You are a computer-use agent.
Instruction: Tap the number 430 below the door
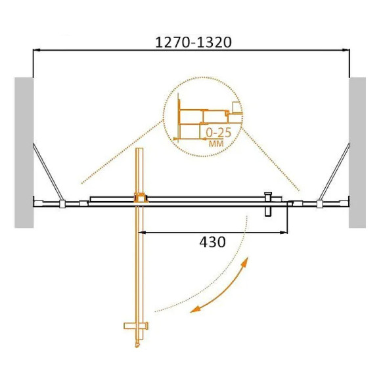(x=212, y=242)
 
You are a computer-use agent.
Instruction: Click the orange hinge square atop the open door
(x=140, y=196)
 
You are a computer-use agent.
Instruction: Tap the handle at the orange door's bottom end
(x=136, y=326)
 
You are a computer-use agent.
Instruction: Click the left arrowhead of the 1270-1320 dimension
(x=35, y=50)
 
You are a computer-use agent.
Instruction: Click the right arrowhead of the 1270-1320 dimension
(x=346, y=50)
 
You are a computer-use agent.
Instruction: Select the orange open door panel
(x=139, y=263)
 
